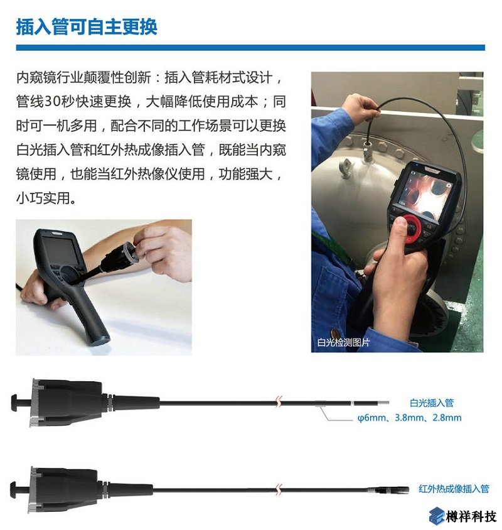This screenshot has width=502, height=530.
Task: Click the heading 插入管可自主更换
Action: coord(87,26)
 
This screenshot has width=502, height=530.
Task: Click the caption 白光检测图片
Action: coord(343,343)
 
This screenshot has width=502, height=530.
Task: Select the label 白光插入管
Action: coord(431,403)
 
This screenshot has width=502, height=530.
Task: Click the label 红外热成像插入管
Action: coord(454,489)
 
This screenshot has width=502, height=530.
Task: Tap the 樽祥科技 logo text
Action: coord(471,516)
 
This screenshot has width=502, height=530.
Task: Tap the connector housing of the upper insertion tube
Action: coord(63,402)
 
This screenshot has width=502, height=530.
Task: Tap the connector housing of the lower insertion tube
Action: coord(63,488)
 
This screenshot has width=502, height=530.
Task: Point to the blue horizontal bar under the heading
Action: coord(250,48)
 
